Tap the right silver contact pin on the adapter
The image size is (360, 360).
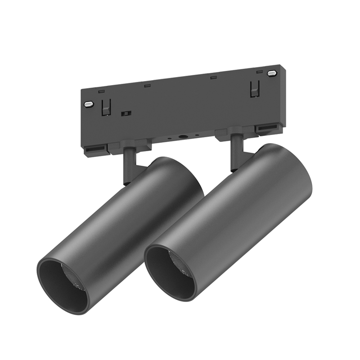tap(271, 73)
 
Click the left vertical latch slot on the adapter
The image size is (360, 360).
tap(106, 107)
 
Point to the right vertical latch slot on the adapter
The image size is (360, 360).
tap(254, 90)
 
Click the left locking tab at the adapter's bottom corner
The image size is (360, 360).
tap(95, 149)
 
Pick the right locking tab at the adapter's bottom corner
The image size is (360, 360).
tap(268, 130)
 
